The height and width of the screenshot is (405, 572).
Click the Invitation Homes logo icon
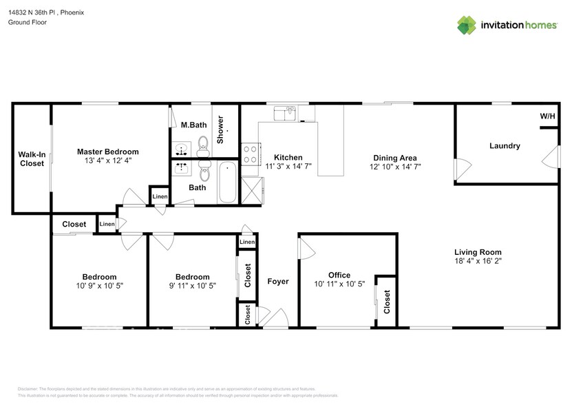coord(467,25)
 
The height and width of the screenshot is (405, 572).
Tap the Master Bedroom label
coord(108,152)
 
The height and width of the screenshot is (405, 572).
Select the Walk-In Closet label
coord(31,158)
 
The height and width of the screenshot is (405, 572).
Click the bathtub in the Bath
coord(228,182)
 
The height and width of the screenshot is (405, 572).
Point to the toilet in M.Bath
coord(203,143)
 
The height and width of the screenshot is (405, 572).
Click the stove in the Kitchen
coord(250,151)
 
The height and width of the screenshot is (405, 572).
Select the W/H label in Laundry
coord(547,116)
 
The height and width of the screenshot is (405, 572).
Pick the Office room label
coord(339,275)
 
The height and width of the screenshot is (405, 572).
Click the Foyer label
coord(278,282)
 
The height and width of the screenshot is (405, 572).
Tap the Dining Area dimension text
coord(395,167)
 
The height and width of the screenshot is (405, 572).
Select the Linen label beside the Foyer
coord(247,242)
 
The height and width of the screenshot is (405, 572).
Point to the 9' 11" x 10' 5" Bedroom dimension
coord(193,285)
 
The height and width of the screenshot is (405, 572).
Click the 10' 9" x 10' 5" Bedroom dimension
coord(100,285)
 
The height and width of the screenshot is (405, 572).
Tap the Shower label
coord(220,129)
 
